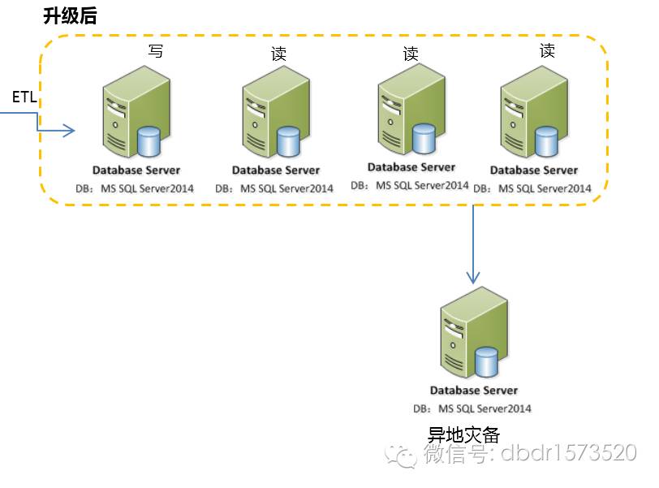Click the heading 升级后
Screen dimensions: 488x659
69,15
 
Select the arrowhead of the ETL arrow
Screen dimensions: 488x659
70,130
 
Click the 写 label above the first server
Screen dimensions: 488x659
155,52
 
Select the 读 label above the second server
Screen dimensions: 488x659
278,54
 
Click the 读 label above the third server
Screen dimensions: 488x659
411,54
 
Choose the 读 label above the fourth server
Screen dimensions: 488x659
548,51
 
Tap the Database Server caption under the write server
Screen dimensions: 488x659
136,171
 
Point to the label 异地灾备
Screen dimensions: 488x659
459,434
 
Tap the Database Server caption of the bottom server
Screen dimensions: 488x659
474,391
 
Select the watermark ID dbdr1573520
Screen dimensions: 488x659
568,454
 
